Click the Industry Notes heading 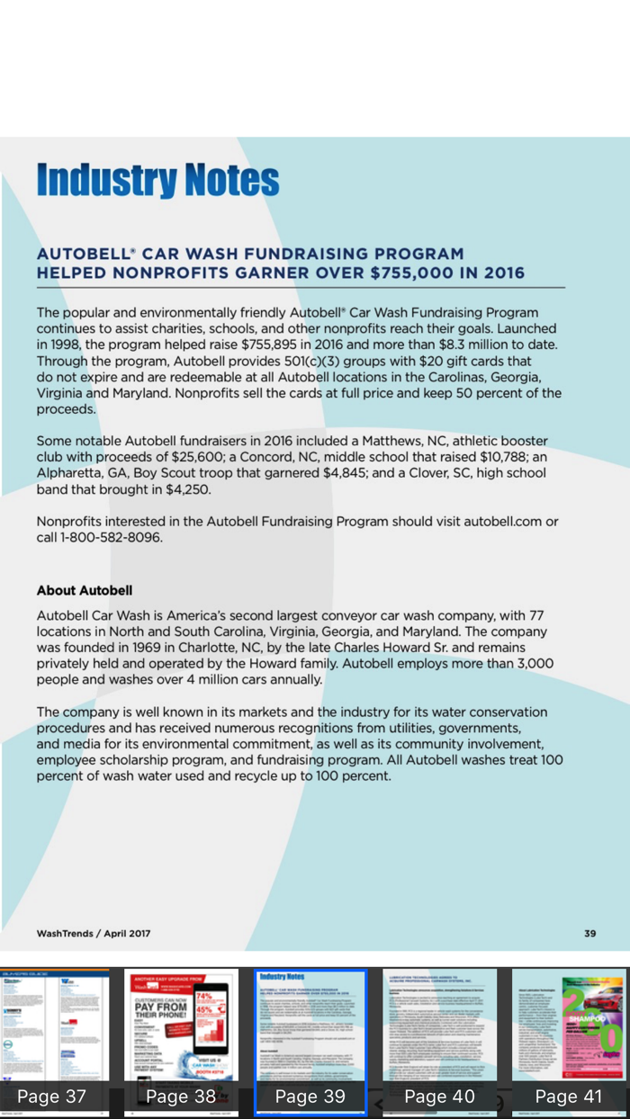(157, 180)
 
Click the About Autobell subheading (85, 591)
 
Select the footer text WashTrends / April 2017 (94, 934)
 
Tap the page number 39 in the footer (589, 934)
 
